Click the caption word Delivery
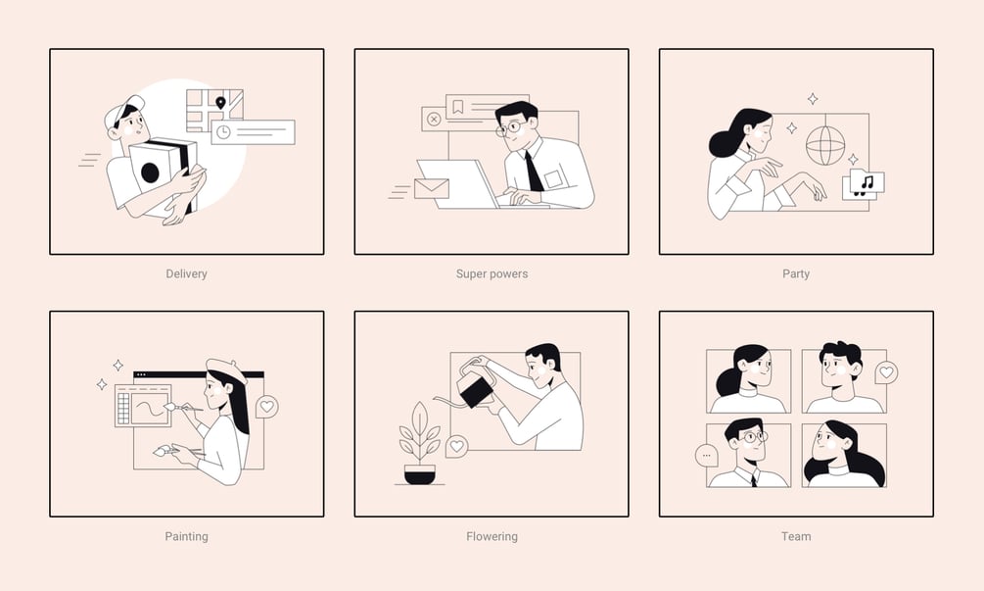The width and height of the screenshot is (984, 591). click(186, 273)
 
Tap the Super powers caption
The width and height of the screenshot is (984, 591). click(492, 273)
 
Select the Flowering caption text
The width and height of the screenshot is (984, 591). click(492, 536)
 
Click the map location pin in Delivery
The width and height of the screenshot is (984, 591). click(220, 102)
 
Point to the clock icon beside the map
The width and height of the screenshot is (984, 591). click(223, 132)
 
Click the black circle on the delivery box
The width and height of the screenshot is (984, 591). click(150, 172)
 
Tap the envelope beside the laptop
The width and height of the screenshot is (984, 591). click(432, 188)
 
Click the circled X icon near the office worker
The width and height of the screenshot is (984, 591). click(433, 119)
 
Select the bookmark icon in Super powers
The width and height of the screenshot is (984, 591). click(458, 107)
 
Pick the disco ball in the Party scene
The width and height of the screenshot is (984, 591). click(824, 146)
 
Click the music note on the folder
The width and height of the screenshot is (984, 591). click(867, 182)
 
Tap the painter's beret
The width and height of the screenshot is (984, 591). click(226, 370)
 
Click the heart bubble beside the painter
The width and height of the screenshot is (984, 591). click(266, 407)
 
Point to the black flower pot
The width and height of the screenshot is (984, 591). click(420, 474)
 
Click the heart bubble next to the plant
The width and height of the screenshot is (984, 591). click(457, 447)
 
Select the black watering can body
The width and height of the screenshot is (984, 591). click(475, 391)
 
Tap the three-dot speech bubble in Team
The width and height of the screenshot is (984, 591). click(707, 456)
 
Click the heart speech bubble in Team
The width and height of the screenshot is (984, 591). click(886, 372)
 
